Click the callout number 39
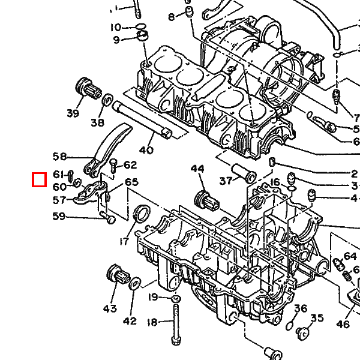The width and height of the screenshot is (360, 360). click(x=73, y=113)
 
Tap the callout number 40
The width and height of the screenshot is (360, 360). click(x=146, y=151)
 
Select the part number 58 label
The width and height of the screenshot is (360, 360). click(x=59, y=157)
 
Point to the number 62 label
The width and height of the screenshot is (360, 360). click(x=130, y=165)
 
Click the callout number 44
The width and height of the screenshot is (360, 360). click(x=197, y=169)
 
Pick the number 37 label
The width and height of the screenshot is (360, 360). click(x=226, y=181)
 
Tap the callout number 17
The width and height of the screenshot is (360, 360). click(x=124, y=241)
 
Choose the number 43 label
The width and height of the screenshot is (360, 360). click(x=110, y=308)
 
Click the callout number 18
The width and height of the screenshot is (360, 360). click(x=152, y=322)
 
